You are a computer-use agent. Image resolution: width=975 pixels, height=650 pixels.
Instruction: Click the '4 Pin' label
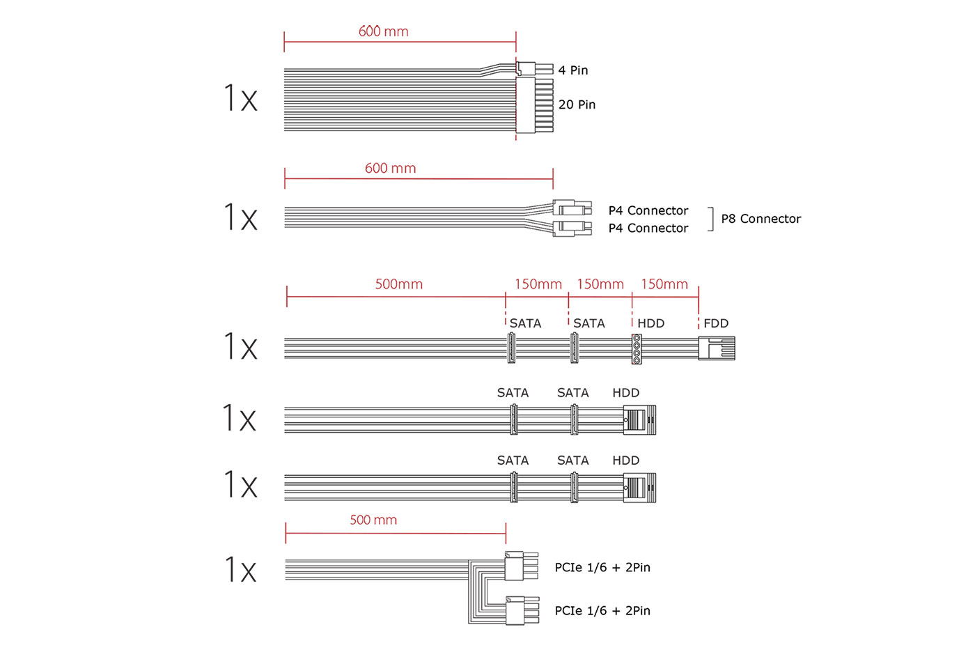tap(572, 70)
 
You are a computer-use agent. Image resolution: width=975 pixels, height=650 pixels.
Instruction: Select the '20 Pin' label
tap(577, 105)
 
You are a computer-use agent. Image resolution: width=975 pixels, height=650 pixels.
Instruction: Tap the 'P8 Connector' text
tap(760, 219)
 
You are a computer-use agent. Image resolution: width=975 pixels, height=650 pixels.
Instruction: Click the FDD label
tap(716, 323)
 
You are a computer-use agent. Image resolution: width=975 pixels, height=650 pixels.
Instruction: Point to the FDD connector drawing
tap(717, 348)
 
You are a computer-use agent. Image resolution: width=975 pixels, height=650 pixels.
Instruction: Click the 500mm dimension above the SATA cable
tap(398, 284)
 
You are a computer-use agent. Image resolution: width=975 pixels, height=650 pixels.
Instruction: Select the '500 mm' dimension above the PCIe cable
tap(373, 520)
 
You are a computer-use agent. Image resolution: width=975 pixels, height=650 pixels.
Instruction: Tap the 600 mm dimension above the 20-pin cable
tap(384, 31)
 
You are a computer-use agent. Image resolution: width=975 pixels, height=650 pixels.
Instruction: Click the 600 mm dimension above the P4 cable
tap(391, 168)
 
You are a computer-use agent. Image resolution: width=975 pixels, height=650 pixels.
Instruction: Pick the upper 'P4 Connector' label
tap(648, 210)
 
